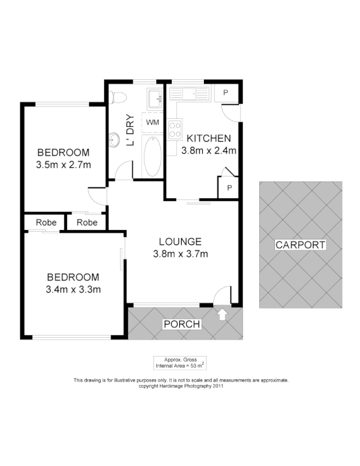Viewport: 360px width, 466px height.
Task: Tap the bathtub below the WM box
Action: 153,156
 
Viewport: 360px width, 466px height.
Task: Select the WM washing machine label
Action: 153,122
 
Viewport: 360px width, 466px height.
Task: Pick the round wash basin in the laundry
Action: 114,140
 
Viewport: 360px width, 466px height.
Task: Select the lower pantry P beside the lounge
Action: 228,188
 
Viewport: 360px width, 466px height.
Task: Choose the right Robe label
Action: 86,223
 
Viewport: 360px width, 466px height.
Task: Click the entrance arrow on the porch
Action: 221,315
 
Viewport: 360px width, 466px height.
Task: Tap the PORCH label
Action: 182,324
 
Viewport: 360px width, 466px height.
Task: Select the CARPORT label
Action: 300,245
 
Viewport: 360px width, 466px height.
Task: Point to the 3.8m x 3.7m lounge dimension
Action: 181,253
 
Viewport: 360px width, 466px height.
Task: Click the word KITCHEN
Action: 209,139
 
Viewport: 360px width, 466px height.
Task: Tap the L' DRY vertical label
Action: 131,130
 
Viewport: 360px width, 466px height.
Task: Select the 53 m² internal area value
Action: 196,366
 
